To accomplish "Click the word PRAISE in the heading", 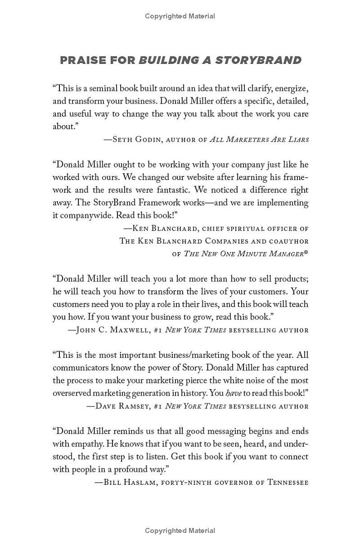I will (83, 60).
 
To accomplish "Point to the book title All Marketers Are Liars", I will (259, 140).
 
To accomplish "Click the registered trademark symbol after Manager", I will (306, 253).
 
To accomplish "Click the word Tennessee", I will (288, 482).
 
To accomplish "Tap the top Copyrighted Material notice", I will (180, 16).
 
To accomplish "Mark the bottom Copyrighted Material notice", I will (180, 531).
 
